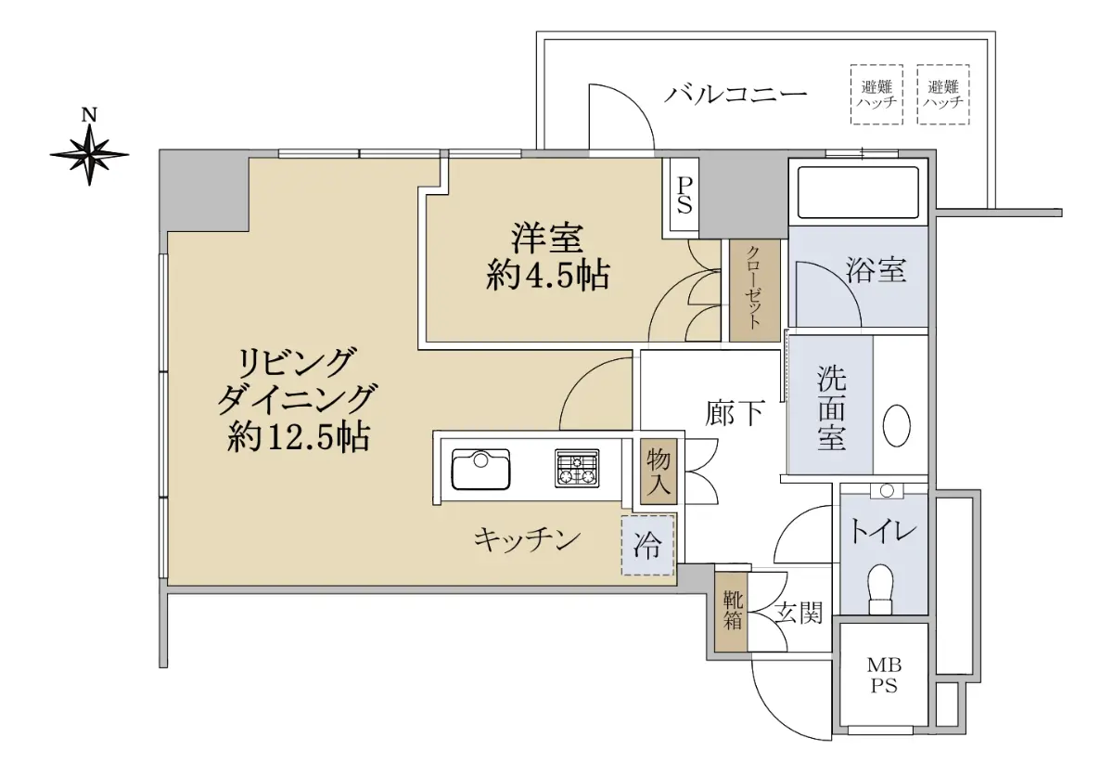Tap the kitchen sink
480,470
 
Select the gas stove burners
577,468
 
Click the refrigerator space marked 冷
647,546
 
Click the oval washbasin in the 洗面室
896,425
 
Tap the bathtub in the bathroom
858,192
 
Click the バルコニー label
736,94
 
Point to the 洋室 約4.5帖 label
547,256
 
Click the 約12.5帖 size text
299,437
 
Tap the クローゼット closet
754,291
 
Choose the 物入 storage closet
659,472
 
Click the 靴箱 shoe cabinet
731,612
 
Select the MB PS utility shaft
883,675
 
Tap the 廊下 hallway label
735,413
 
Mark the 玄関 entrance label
799,613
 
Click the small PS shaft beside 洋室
684,195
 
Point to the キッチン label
527,539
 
